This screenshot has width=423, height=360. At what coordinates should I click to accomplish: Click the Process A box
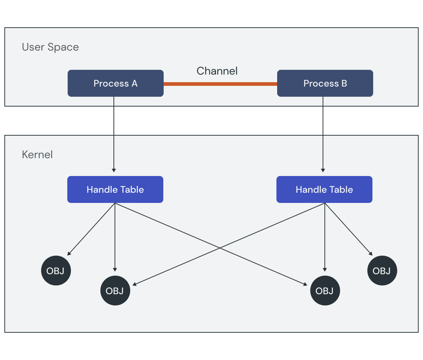(x=115, y=83)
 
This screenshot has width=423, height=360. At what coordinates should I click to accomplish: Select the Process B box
(x=325, y=83)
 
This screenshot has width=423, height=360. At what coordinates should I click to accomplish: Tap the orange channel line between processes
(x=220, y=84)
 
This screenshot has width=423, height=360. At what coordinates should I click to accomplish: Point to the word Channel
(x=217, y=71)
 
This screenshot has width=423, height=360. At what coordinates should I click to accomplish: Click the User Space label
(x=50, y=47)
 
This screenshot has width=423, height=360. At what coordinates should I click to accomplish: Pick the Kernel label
(x=37, y=155)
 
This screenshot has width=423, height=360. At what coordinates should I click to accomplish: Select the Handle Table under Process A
(x=115, y=189)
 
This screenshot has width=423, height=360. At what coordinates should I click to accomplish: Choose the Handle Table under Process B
(x=324, y=189)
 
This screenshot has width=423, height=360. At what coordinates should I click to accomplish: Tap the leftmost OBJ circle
(x=56, y=271)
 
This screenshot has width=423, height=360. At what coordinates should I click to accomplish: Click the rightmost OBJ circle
(x=382, y=271)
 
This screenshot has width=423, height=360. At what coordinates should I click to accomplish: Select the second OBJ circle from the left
(x=115, y=291)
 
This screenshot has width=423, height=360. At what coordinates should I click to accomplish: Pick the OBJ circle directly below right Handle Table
(x=325, y=291)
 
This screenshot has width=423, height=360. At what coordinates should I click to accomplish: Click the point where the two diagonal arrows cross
(x=220, y=248)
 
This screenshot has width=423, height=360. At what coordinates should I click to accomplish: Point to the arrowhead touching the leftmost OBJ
(x=69, y=253)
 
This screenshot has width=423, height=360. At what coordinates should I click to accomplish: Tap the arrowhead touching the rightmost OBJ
(x=371, y=253)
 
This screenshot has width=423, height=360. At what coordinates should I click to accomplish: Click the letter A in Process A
(x=134, y=83)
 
